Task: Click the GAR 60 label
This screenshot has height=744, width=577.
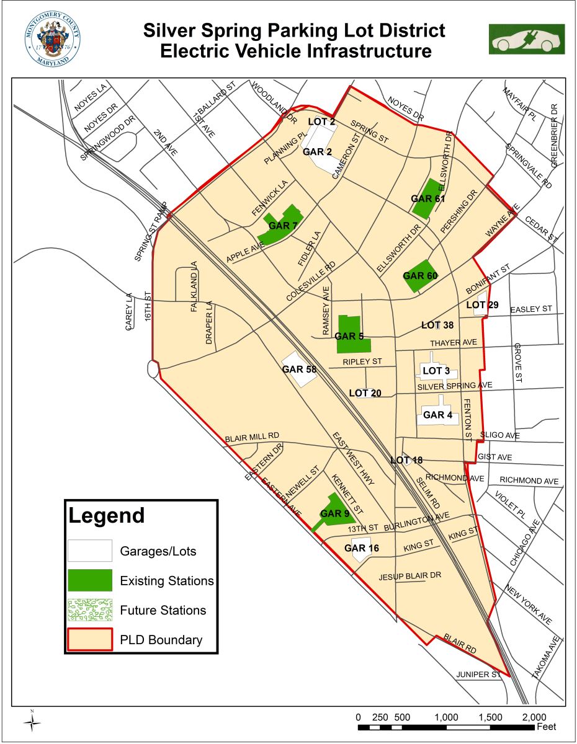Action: click(x=421, y=275)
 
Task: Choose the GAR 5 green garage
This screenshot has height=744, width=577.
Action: click(x=351, y=335)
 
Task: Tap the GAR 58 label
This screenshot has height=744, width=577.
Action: click(x=299, y=370)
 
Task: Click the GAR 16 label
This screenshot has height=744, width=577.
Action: click(x=361, y=548)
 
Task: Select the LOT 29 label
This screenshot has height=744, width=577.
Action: click(x=482, y=305)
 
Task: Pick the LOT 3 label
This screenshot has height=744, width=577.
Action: click(x=436, y=371)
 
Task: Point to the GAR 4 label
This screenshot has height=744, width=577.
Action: click(x=437, y=415)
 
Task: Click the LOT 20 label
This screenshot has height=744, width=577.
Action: click(x=365, y=393)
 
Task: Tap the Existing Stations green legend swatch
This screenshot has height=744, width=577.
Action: click(x=90, y=580)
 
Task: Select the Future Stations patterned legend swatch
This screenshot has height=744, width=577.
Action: click(x=90, y=610)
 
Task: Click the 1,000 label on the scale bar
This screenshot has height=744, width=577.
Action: click(x=447, y=717)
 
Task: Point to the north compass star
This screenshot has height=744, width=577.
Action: click(x=33, y=721)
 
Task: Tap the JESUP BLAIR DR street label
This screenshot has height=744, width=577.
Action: click(x=409, y=576)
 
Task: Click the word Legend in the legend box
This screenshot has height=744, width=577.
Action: click(x=106, y=516)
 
